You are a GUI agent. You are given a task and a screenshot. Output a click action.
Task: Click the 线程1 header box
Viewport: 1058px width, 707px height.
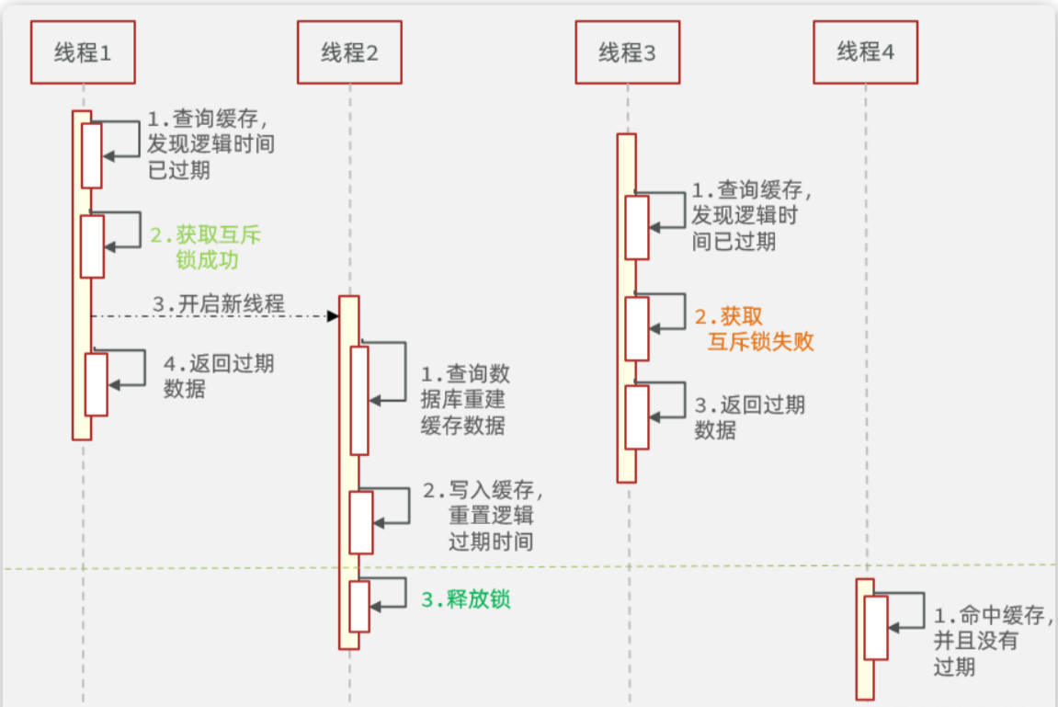coord(83,52)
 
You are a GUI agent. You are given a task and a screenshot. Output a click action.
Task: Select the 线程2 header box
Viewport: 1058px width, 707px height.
coord(349,52)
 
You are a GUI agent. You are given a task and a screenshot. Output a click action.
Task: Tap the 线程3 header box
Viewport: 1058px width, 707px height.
coord(628,52)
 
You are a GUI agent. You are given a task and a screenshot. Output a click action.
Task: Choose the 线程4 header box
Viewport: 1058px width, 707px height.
coord(865,52)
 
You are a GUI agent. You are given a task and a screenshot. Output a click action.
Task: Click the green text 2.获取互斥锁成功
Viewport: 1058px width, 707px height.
coord(206,247)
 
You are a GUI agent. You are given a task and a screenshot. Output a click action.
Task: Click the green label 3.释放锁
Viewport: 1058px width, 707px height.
coord(465,600)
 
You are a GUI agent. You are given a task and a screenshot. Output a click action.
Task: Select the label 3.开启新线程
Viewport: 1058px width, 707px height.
coord(218,303)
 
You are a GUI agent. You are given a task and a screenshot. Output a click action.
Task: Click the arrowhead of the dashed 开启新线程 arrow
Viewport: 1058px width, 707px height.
coord(334,315)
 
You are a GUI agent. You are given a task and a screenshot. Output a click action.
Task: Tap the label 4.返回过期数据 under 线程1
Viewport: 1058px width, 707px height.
coord(218,375)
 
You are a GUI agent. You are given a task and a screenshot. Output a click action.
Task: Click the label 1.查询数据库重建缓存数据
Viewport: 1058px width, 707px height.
coord(464,400)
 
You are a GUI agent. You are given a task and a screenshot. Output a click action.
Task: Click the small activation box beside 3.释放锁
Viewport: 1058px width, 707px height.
coord(358,606)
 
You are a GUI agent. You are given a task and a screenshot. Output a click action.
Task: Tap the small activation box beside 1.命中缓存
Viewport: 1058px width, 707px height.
coord(876,627)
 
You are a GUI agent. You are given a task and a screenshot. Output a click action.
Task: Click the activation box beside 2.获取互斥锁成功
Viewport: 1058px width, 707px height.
coord(92,245)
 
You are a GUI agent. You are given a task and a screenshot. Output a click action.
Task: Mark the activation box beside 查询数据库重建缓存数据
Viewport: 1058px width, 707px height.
coord(358,400)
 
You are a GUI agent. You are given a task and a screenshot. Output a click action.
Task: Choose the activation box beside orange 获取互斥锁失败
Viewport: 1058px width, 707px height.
coord(637,328)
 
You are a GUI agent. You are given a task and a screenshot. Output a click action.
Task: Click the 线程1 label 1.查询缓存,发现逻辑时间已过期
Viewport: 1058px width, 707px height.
coord(210,144)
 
